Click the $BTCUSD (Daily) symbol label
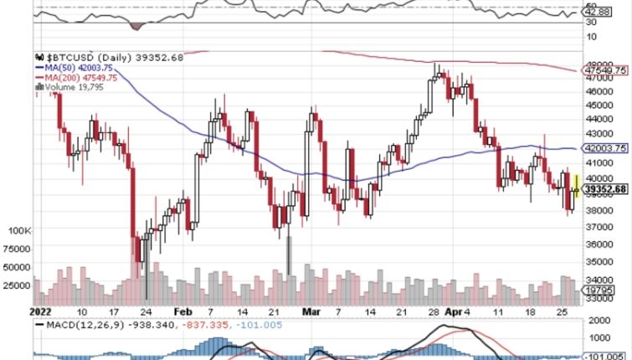[x=89, y=57]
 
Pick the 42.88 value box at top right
[x=597, y=13]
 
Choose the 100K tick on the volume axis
[x=19, y=229]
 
